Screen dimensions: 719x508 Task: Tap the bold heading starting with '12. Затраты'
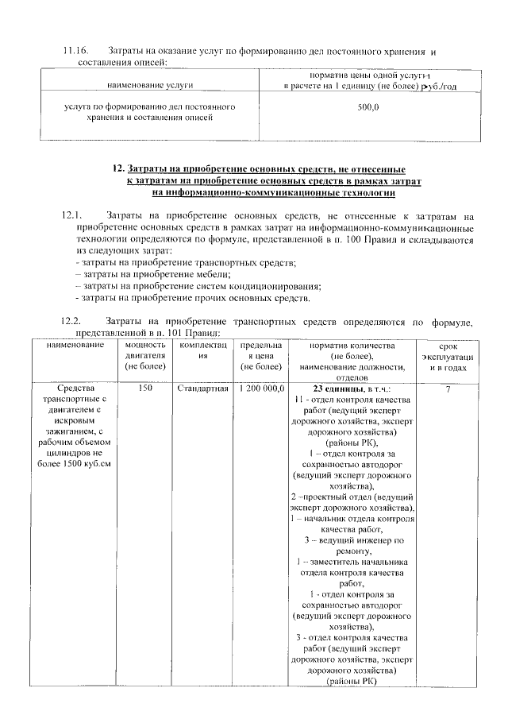pos(260,170)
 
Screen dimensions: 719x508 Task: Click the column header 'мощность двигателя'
pos(145,356)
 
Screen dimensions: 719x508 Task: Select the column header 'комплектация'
pos(202,351)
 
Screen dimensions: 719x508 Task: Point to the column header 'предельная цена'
pos(260,356)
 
